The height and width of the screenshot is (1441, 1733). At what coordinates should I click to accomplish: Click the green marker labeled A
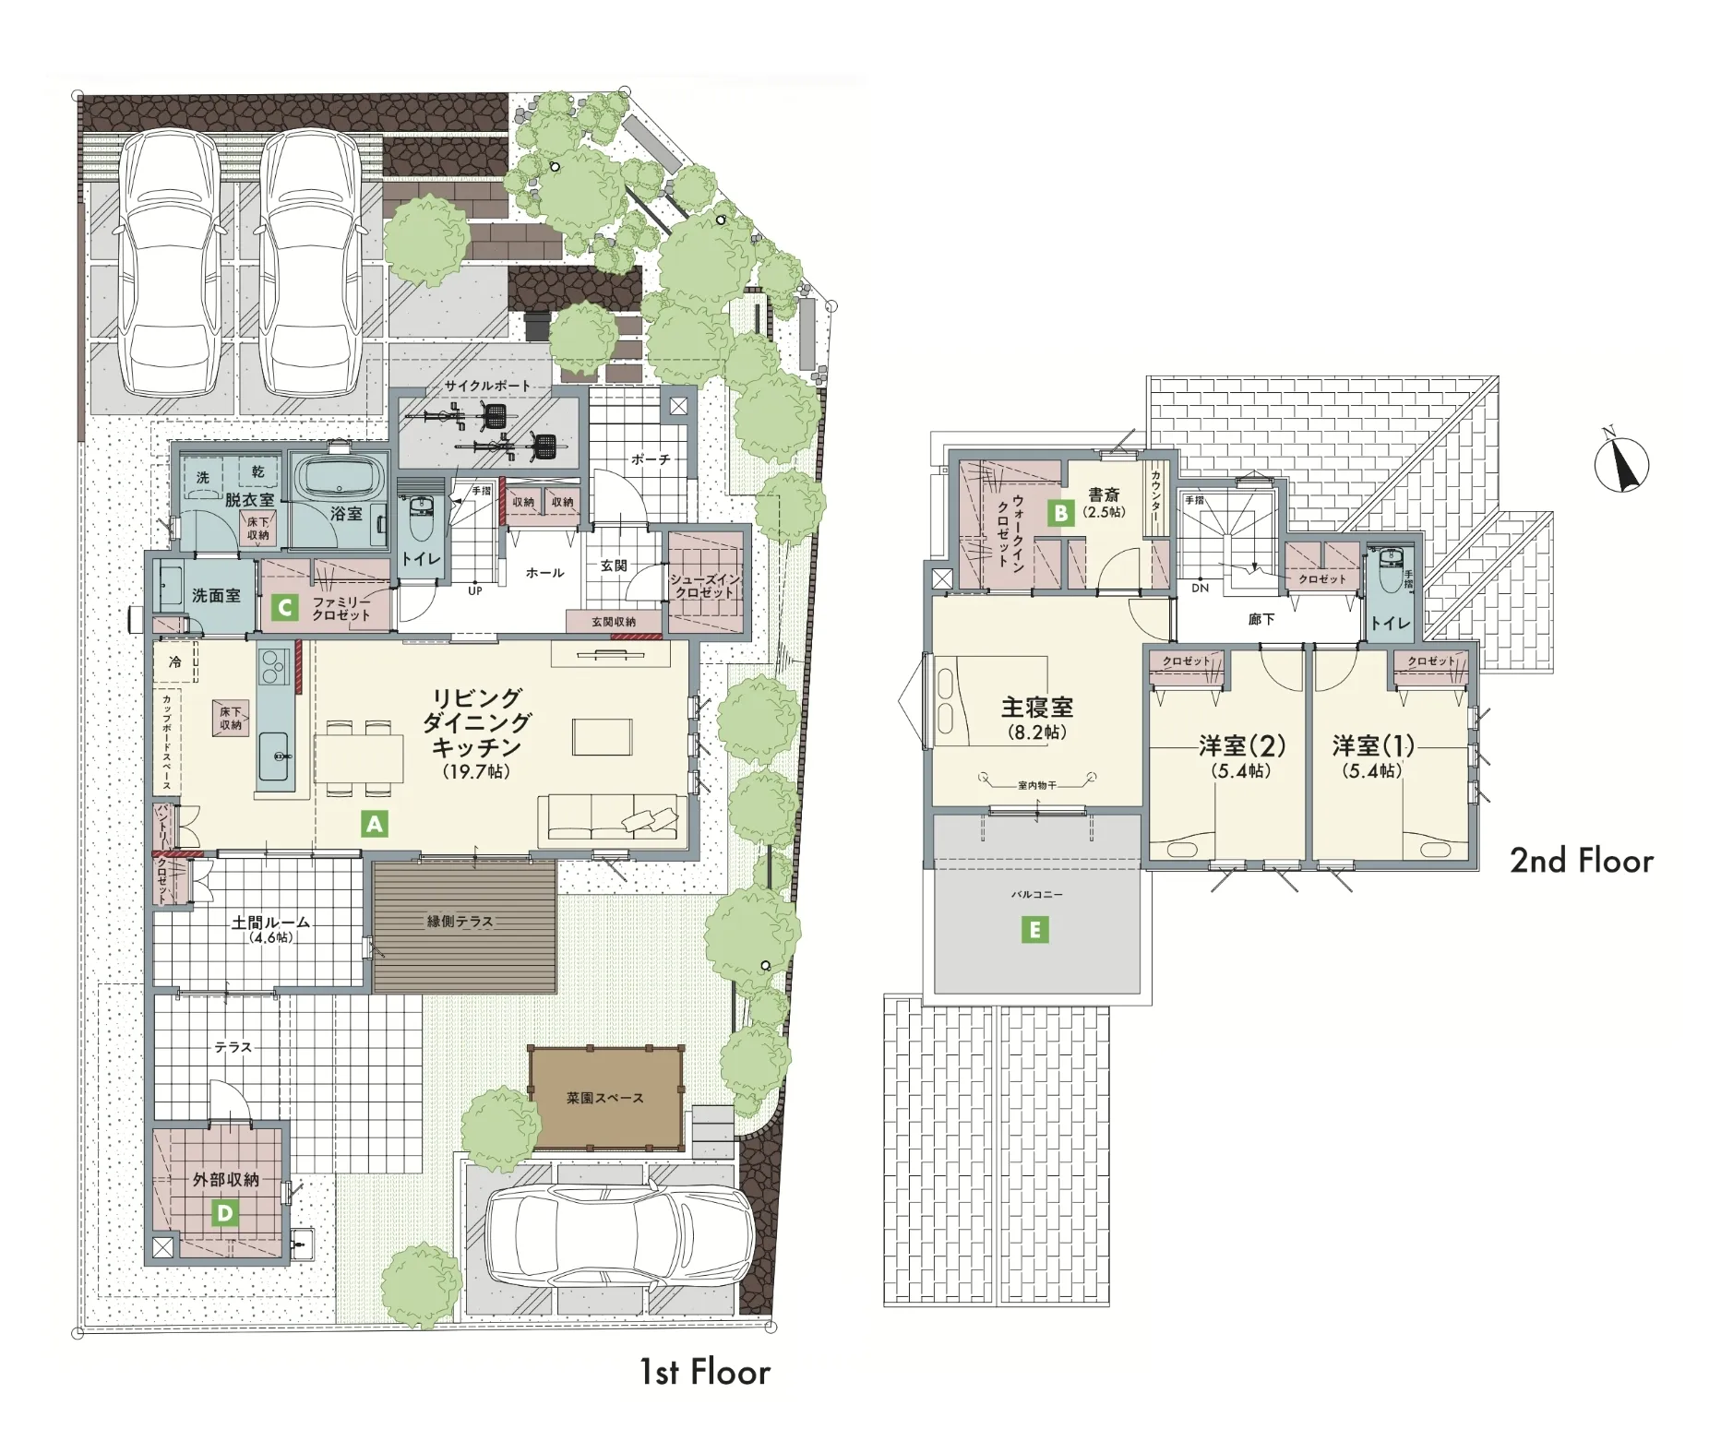coord(374,824)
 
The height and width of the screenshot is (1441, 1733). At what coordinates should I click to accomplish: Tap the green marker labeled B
coord(1061,513)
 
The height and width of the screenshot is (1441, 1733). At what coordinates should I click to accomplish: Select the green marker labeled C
coord(285,608)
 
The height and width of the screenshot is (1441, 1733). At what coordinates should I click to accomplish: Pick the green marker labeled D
coord(224,1213)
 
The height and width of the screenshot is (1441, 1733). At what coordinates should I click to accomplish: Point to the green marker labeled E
coord(1034,930)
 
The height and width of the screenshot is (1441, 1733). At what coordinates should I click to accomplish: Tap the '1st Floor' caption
coord(705,1373)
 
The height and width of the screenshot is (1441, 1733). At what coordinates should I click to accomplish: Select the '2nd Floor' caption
coord(1582,861)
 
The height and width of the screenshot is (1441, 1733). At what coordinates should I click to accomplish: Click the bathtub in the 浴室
coord(338,480)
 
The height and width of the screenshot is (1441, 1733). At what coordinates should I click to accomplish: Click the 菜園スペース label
coord(605,1098)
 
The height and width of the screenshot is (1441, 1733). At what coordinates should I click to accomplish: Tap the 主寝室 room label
coord(1037,708)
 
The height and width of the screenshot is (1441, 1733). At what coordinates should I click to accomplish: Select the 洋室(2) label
coord(1242,745)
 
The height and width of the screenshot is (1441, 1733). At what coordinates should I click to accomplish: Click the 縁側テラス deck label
coord(460,921)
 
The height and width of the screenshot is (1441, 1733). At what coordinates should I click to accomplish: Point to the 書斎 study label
coord(1104,495)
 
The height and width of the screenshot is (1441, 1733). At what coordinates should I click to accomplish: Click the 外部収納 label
coord(225,1179)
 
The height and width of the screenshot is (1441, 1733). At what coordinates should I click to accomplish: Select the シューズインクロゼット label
coord(704,586)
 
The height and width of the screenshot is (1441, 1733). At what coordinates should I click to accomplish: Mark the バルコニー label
coord(1036,895)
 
